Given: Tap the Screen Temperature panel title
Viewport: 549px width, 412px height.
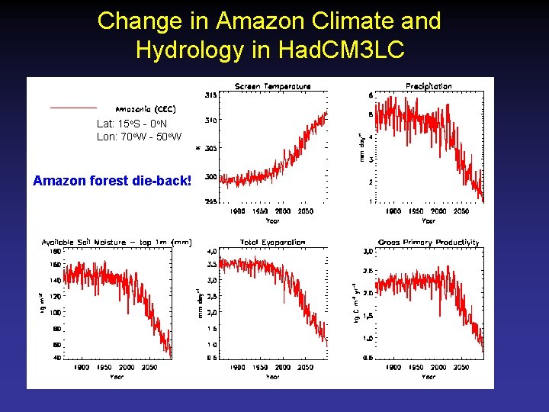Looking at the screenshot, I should coord(272,86).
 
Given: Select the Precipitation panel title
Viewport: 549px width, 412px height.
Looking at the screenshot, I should coord(429,86).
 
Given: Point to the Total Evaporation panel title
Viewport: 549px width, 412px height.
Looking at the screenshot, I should coord(272,242).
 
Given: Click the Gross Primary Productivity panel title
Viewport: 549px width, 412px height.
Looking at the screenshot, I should coord(429,242).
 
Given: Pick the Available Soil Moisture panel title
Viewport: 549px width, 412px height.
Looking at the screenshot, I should coord(116,242).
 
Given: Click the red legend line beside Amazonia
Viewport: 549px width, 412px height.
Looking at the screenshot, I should coord(73,108).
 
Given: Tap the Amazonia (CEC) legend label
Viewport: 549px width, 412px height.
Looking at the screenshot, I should coord(146,109).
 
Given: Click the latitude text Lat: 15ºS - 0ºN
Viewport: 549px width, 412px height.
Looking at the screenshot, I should coord(132,124).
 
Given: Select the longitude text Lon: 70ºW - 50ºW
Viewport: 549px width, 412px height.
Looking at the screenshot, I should coord(139,137).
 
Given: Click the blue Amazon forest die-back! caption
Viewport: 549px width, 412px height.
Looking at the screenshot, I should coord(111,181).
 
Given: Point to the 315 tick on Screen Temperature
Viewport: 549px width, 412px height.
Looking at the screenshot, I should coord(210,95).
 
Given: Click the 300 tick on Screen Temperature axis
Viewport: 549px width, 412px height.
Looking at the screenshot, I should coord(210,176).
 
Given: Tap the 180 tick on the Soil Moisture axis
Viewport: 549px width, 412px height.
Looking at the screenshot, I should coord(55,251).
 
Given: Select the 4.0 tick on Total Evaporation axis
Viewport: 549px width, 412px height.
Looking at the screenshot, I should coord(212,251).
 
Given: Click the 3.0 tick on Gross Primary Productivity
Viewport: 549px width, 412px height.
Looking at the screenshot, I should coord(367,251).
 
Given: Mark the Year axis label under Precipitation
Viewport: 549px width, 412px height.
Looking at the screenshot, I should coord(429,220).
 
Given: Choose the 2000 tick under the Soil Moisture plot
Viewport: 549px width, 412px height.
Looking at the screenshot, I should coord(127,367).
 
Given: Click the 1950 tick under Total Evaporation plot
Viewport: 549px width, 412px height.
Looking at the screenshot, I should coord(259,367).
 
